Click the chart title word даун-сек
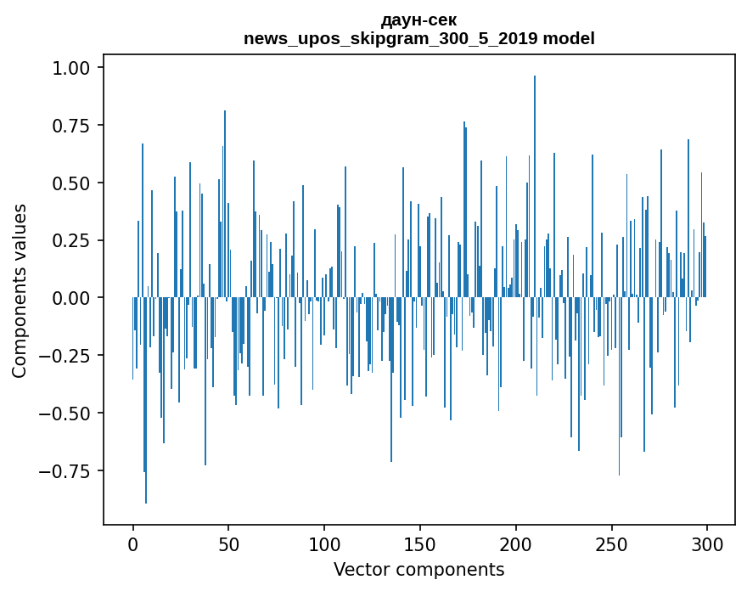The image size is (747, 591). click(418, 20)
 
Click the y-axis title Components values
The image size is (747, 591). click(20, 290)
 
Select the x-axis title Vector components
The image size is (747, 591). click(418, 570)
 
